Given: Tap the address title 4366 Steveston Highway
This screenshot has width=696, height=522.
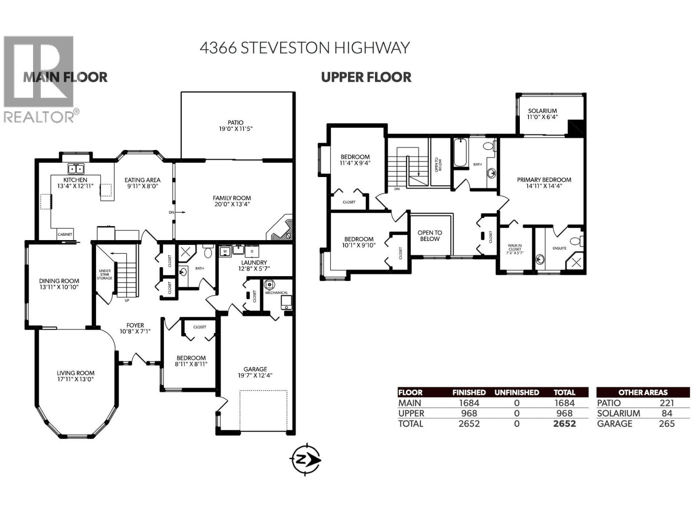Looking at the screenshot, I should click(304, 47).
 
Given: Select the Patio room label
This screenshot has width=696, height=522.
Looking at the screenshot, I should click(235, 123).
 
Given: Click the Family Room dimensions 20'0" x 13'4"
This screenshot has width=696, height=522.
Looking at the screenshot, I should click(232, 204).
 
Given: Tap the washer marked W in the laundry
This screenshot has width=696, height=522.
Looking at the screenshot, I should click(225, 251).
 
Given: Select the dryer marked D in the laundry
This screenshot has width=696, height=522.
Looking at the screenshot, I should click(251, 251).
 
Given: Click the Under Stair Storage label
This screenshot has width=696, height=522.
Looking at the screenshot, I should click(104, 274).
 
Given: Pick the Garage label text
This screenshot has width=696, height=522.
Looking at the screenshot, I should click(255, 369).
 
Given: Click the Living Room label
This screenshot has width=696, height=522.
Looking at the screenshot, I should click(76, 373).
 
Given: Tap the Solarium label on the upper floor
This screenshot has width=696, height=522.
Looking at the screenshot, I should click(542, 111).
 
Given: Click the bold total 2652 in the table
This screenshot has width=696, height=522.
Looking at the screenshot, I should click(564, 424).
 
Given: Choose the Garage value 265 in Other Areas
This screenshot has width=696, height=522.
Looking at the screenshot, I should click(666, 424).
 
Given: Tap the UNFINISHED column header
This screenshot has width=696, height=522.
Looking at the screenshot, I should click(516, 392).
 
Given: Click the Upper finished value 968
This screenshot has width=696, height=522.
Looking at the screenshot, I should click(469, 413).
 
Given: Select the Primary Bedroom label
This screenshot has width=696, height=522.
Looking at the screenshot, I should click(544, 180).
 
